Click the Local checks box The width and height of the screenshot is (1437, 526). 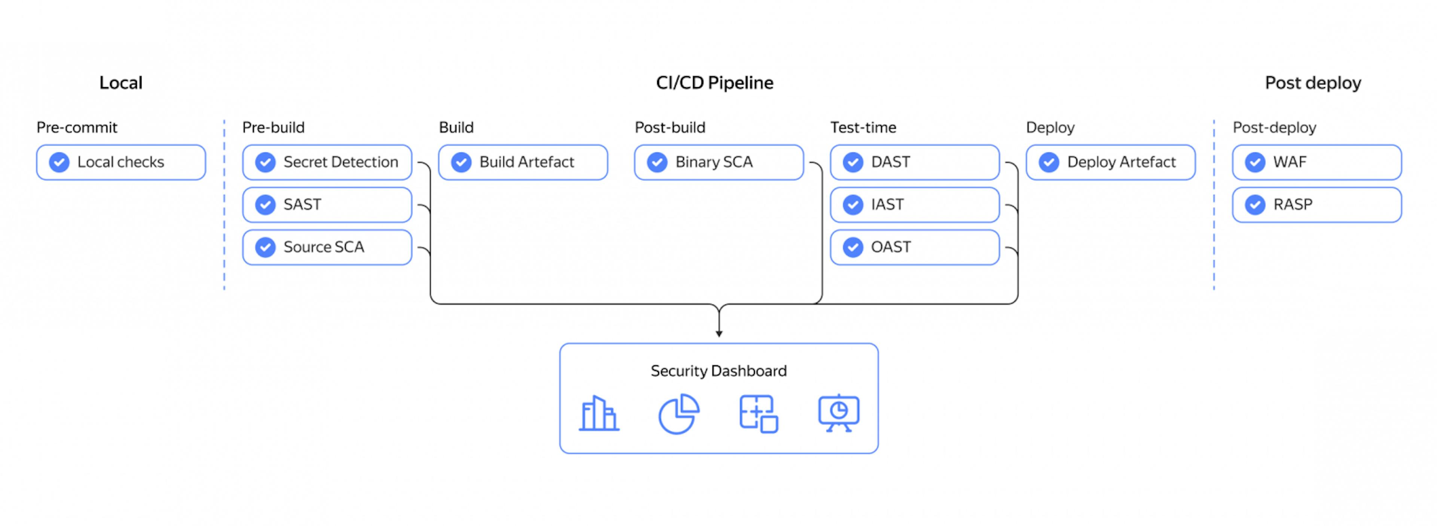121,162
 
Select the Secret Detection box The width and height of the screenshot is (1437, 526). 327,162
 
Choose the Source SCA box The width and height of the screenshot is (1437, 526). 327,247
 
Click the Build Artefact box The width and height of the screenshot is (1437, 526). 523,162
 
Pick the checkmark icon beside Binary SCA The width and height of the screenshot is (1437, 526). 657,162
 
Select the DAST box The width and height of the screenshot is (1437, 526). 915,162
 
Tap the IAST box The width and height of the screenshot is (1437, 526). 915,205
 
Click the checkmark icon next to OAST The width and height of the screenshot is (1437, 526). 853,247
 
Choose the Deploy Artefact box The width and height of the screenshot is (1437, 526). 1111,162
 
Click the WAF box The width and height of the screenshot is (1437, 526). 1317,162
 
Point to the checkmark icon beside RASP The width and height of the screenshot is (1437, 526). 1255,205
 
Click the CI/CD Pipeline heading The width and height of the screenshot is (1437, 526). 715,83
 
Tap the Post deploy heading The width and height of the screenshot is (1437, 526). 1313,83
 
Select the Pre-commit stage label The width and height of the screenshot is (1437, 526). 77,128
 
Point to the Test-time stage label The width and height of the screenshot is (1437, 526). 863,128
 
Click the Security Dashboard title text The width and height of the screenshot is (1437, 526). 718,371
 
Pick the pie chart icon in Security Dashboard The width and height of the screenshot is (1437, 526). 678,414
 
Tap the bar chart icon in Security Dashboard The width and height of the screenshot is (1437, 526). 599,414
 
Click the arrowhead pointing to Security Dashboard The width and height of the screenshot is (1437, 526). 719,334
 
